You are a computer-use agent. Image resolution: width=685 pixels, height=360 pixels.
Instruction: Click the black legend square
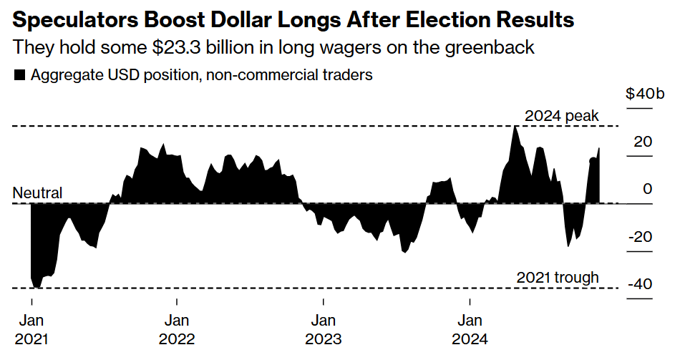click(20, 74)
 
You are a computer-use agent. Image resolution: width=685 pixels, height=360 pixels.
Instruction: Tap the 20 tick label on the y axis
click(643, 142)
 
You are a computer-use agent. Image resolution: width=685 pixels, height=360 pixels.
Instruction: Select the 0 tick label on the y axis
click(648, 189)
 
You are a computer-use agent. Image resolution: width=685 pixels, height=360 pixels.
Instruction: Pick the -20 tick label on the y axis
click(640, 237)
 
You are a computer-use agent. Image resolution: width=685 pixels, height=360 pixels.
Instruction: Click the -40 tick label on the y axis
click(640, 284)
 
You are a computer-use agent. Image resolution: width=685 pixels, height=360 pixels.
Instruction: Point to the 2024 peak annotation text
click(561, 116)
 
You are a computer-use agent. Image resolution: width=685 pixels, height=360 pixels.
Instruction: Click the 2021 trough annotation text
click(557, 278)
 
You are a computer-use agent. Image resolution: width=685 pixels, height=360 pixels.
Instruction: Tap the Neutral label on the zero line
click(38, 193)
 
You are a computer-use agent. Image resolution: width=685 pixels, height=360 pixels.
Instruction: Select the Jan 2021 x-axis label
click(31, 329)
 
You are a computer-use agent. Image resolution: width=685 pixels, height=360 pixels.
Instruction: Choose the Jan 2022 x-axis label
click(177, 329)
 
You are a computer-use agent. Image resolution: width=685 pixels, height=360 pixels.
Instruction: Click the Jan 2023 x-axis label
click(323, 329)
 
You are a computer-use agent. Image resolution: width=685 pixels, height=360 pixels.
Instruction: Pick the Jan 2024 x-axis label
click(470, 329)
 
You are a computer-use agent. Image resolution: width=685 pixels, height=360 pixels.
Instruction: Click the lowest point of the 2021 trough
click(37, 287)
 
